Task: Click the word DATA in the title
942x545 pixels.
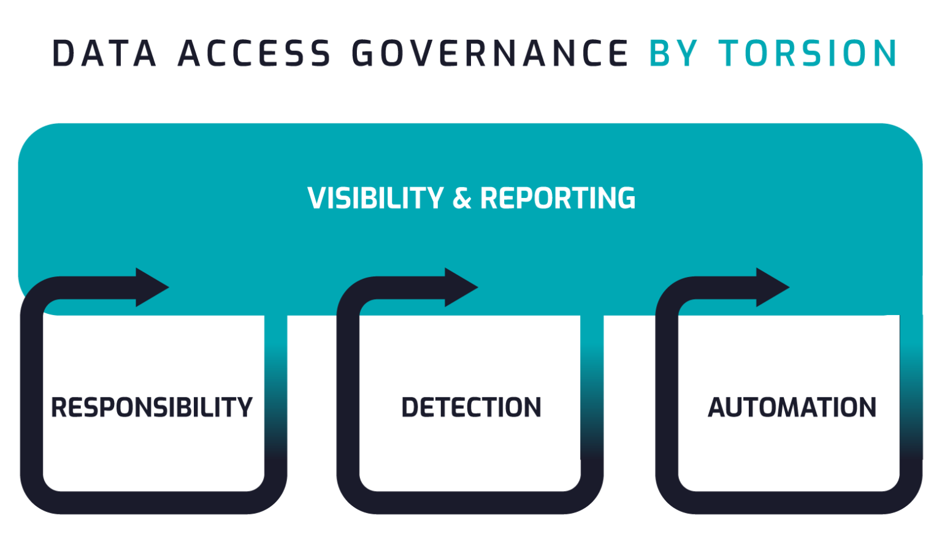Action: coord(104,53)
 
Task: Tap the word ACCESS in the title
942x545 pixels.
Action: coord(254,53)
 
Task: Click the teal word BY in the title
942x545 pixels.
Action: coord(673,53)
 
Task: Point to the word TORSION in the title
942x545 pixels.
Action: coord(808,53)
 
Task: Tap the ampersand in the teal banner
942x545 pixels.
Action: coord(461,198)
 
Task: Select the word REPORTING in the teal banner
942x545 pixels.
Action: coord(557,198)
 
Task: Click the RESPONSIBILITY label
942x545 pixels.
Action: coord(151,408)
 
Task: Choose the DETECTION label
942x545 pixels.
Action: coord(471,408)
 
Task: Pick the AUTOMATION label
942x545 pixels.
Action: coord(792,408)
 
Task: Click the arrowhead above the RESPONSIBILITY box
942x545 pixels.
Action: coord(151,287)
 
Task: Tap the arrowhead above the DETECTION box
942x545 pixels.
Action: coord(461,287)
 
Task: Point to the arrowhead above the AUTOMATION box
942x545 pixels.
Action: coord(772,287)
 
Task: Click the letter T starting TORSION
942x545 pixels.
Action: coord(730,53)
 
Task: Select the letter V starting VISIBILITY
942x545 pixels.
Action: coord(317,198)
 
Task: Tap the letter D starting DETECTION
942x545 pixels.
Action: coord(410,408)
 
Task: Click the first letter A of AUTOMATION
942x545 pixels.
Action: coord(717,408)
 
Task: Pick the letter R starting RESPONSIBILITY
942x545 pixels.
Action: coord(59,408)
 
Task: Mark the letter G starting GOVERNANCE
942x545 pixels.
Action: coord(364,53)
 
